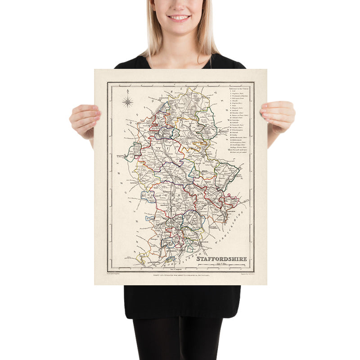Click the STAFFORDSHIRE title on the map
[x=221, y=259]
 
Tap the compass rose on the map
[x=128, y=102]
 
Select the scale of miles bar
[x=229, y=265]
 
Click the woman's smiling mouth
[x=179, y=18]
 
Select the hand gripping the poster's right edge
[x=277, y=116]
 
